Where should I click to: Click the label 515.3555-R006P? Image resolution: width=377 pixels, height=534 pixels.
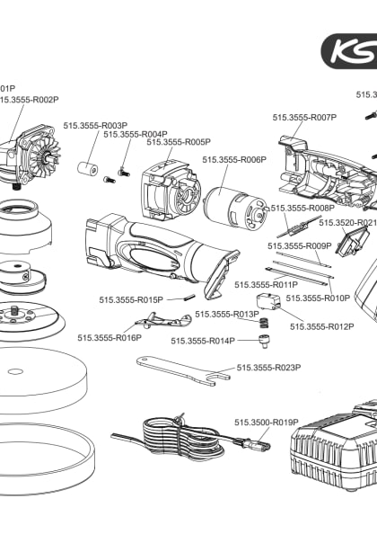point(234,160)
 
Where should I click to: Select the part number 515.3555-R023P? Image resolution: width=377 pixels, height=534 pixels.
point(268,368)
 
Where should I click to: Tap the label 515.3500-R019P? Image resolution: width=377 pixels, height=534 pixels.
point(266,422)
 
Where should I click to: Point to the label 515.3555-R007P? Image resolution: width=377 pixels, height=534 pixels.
point(304,117)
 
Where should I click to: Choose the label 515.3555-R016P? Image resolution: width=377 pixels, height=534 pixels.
point(109,338)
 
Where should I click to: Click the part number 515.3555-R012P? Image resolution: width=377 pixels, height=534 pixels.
point(321,326)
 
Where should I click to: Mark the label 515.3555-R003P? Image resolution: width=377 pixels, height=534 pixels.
point(95,126)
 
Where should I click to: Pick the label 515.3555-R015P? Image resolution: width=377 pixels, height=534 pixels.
point(131,299)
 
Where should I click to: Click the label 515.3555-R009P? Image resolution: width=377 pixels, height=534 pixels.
point(300,245)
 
